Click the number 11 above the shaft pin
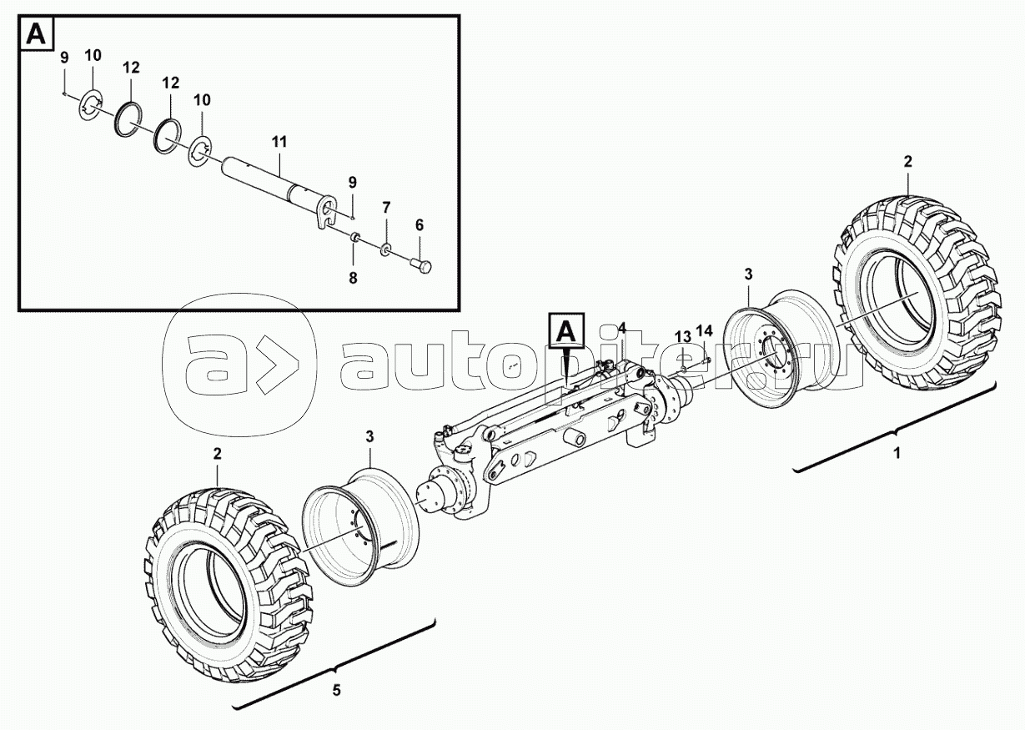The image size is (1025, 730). point(279,143)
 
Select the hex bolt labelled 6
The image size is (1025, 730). point(422,266)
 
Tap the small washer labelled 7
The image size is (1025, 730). point(386,249)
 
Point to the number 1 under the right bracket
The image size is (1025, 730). point(897,455)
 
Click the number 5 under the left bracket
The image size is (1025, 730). point(336,691)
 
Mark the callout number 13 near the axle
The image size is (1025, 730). point(683,336)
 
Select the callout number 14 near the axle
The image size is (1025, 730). point(705,330)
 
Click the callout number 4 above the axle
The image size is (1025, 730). point(621,327)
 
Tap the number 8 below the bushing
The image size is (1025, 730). point(353,279)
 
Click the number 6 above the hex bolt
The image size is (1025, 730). point(420,225)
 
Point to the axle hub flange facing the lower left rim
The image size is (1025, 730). point(446,496)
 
